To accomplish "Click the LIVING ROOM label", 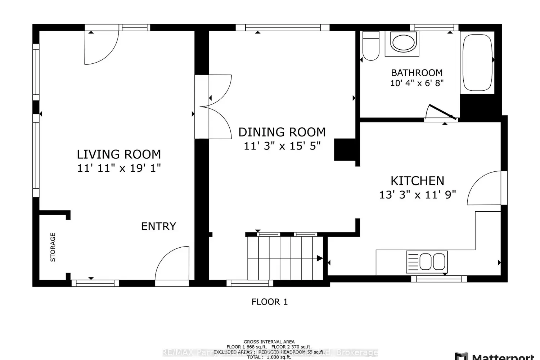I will [119, 154].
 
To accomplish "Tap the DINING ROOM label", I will [282, 132].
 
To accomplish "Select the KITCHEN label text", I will [417, 181].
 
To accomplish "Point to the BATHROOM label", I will [417, 73].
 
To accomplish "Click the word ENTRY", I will [158, 226].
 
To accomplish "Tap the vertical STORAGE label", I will [53, 247].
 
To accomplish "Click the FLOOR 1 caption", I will [270, 302].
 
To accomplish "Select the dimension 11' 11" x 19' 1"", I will [119, 168].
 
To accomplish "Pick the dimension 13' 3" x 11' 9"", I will [417, 195].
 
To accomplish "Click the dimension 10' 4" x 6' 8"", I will [417, 83].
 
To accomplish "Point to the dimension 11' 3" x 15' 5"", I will [282, 146].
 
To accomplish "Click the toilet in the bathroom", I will [370, 46].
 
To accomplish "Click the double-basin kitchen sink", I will [427, 262].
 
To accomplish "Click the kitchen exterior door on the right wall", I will [484, 189].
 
